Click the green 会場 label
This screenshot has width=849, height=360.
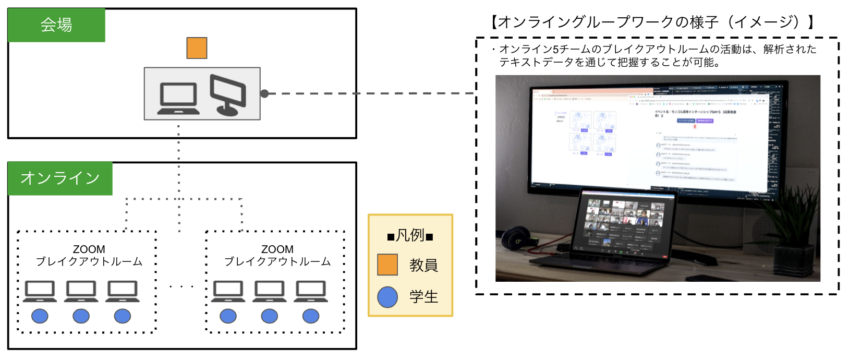(x=56, y=25)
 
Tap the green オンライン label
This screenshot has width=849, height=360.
(x=60, y=178)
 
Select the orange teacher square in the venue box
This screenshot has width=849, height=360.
(x=197, y=48)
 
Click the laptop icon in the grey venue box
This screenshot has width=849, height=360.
(x=178, y=98)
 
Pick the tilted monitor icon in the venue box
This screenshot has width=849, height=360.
(x=228, y=94)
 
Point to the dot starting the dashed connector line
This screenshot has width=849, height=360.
(x=264, y=93)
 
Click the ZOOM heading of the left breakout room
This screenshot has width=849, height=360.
(x=89, y=249)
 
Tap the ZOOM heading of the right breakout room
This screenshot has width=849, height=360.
(x=277, y=249)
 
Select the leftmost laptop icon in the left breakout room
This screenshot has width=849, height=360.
(x=40, y=291)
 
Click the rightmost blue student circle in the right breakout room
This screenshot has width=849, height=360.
(x=311, y=316)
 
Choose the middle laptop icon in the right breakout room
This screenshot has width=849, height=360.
(x=269, y=291)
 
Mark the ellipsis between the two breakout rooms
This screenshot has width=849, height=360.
(x=181, y=286)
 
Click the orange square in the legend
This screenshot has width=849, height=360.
(x=387, y=265)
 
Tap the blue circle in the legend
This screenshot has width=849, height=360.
(x=387, y=297)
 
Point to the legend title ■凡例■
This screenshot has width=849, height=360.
(x=410, y=236)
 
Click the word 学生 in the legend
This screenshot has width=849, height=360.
(x=423, y=297)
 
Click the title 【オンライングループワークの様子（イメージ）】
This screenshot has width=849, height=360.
(x=652, y=22)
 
